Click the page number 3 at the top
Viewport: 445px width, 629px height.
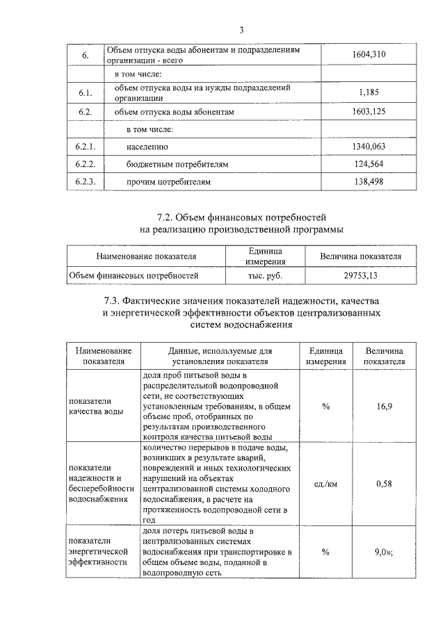click(x=241, y=30)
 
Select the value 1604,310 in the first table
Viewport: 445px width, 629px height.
click(x=369, y=54)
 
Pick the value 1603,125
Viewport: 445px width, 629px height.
click(x=369, y=112)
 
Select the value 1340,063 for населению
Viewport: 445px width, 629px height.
click(x=369, y=147)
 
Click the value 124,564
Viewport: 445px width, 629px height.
click(x=369, y=165)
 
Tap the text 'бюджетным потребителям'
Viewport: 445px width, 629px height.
click(x=177, y=165)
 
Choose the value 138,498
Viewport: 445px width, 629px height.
click(x=369, y=182)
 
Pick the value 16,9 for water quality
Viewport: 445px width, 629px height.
click(x=385, y=406)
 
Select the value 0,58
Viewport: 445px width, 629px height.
click(x=385, y=484)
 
